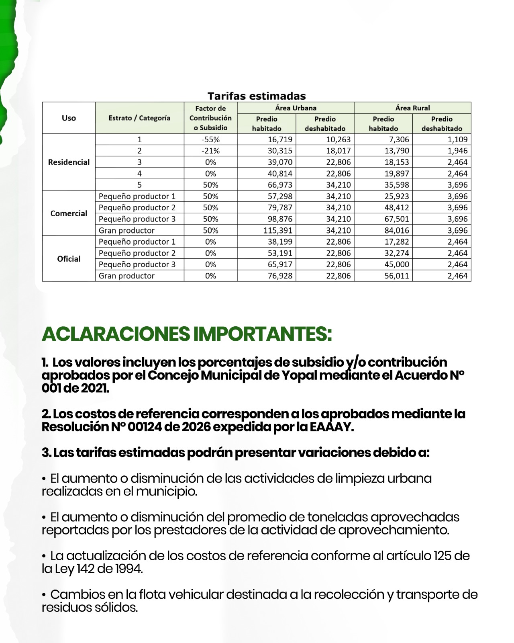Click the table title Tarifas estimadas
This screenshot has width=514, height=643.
(257, 96)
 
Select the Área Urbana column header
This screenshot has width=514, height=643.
(296, 108)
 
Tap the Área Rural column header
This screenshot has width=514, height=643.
(412, 108)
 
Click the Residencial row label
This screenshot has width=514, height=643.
(69, 162)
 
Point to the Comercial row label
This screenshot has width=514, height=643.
(69, 213)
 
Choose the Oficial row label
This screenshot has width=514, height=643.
(69, 259)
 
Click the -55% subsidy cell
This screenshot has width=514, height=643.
(210, 139)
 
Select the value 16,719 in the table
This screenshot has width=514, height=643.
(280, 139)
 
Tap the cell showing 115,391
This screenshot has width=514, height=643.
(277, 230)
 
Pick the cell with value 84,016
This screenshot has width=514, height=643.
(396, 230)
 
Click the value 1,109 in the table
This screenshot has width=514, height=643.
(457, 139)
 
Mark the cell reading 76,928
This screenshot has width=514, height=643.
(280, 276)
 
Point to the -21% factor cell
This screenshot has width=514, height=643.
(210, 151)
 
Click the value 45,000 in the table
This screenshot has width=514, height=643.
(396, 264)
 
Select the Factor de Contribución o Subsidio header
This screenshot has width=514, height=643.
(210, 118)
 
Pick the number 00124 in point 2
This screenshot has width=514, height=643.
(145, 427)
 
